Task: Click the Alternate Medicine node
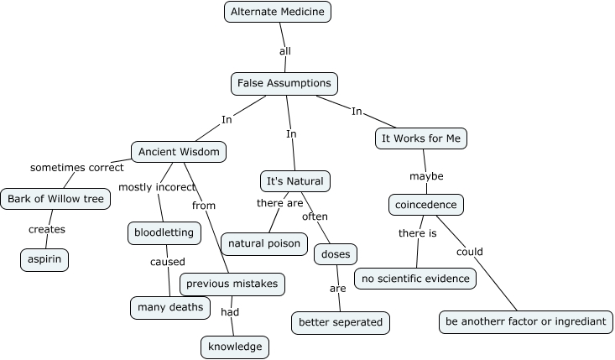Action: click(x=278, y=12)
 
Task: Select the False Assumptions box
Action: click(x=284, y=84)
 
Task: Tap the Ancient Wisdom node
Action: click(x=180, y=152)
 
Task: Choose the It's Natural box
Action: click(x=294, y=181)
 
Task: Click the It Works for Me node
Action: click(x=420, y=138)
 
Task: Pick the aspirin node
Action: click(x=44, y=260)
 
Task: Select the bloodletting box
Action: click(x=164, y=232)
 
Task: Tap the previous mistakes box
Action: click(x=232, y=284)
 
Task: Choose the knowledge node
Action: click(x=235, y=346)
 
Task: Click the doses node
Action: click(x=336, y=253)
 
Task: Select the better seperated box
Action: click(x=340, y=321)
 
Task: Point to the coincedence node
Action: click(x=426, y=204)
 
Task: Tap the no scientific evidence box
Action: click(x=415, y=279)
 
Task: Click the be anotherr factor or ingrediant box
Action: click(x=524, y=321)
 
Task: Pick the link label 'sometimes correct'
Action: click(x=77, y=167)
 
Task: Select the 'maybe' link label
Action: click(x=426, y=176)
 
